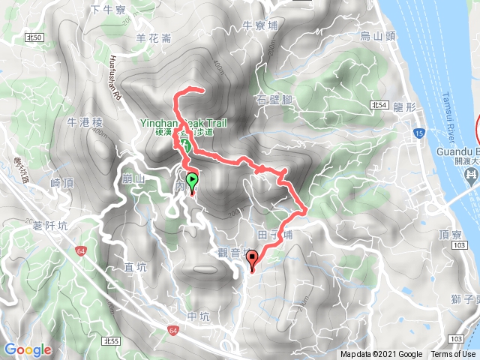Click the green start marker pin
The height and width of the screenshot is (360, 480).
click(x=192, y=181)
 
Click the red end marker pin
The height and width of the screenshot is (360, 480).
click(x=253, y=259)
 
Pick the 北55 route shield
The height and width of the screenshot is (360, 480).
click(x=112, y=341)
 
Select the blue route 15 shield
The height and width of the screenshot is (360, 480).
click(x=418, y=133)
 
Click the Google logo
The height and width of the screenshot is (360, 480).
click(x=28, y=349)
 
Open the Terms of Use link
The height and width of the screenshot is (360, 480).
click(x=452, y=355)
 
